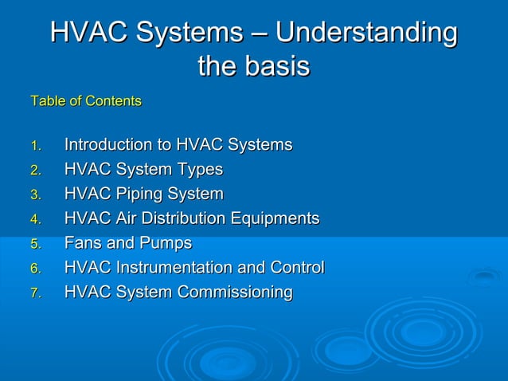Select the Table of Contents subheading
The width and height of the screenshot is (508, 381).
coord(86,101)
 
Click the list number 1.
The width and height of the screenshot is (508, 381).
coord(35,146)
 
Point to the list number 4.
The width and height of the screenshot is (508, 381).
coord(35,220)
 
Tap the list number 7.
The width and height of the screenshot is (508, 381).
coord(35,293)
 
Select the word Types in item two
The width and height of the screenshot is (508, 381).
coord(201,170)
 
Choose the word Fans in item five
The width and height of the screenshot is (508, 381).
coord(81,243)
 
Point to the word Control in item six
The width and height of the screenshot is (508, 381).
coord(297,268)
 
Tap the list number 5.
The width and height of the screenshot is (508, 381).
coord(35,245)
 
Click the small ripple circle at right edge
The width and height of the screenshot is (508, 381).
coord(484,277)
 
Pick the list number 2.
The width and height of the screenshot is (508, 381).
coord(35,171)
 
